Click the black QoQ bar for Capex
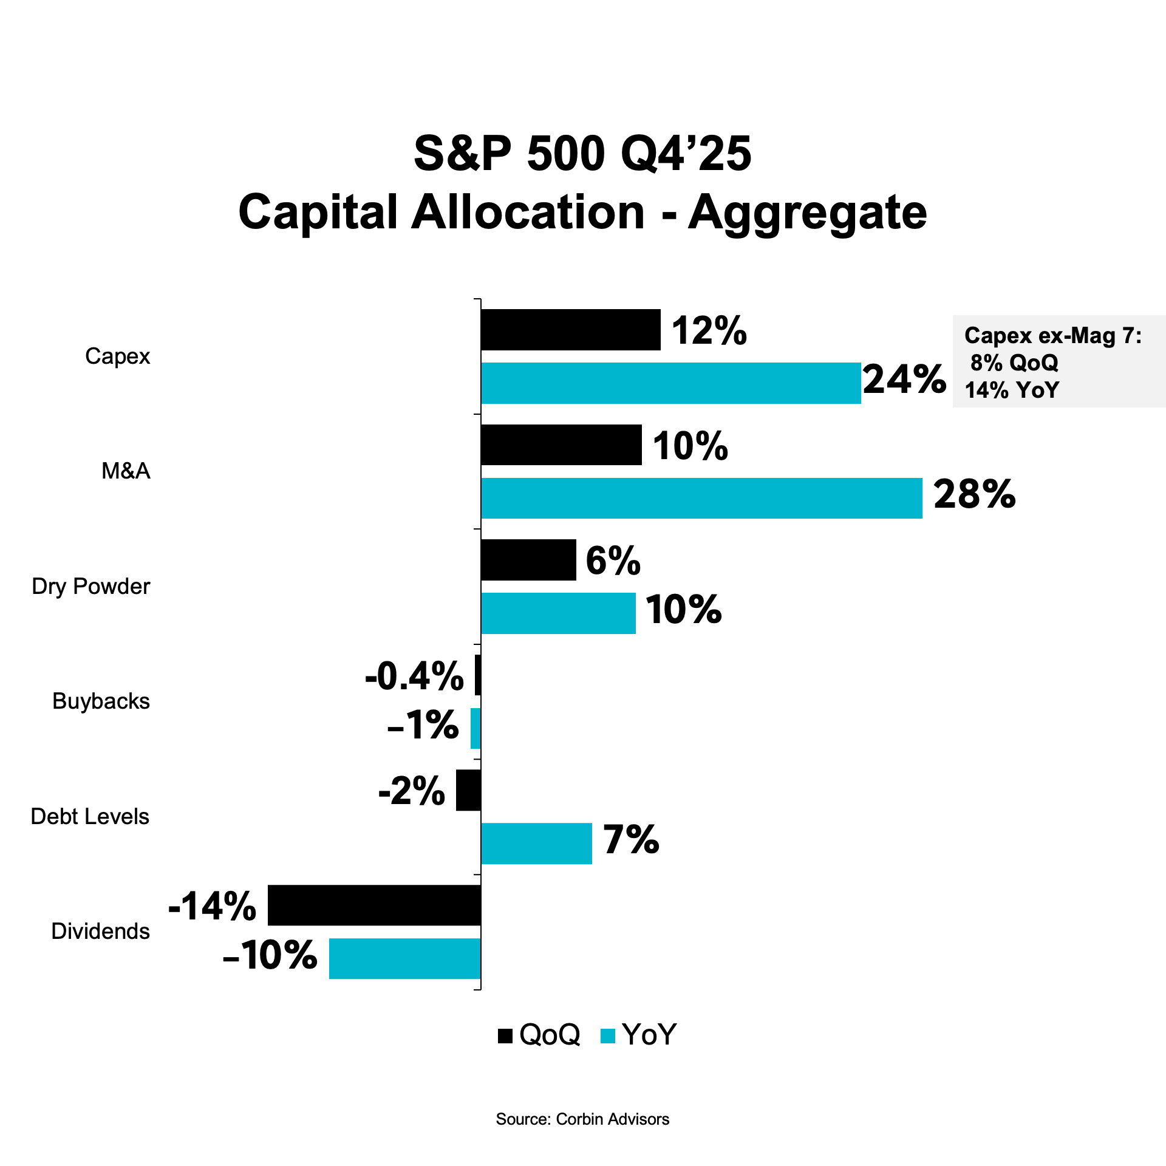(570, 330)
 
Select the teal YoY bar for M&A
(701, 498)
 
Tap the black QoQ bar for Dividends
(374, 905)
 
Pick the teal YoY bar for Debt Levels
(536, 843)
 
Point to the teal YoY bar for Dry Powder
(558, 613)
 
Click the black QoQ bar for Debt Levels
(468, 790)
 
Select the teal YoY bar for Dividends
(404, 958)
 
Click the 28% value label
(974, 494)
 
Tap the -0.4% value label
(414, 677)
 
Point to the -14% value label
(212, 906)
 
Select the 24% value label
(904, 380)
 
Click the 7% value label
(631, 840)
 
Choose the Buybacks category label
(101, 701)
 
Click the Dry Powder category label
(91, 587)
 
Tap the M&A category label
(126, 471)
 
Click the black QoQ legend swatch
(505, 1035)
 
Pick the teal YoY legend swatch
(607, 1035)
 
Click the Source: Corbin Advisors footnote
(582, 1119)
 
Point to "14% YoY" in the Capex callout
(1012, 390)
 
